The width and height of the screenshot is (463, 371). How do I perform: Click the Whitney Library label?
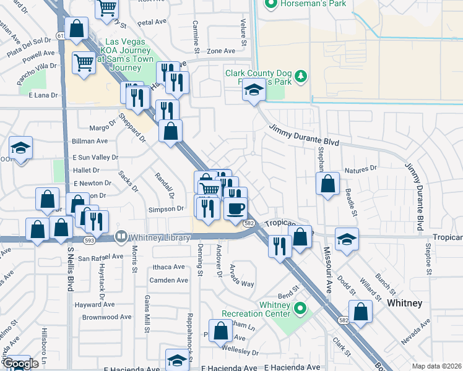158,237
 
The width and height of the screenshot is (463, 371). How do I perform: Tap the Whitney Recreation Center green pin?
301,307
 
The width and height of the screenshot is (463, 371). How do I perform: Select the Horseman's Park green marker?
270,4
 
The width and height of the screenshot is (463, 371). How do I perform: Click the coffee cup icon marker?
235,208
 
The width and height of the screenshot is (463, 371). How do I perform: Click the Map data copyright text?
436,365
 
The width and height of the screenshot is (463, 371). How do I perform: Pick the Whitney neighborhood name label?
404,303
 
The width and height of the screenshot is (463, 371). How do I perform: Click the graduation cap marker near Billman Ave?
20,148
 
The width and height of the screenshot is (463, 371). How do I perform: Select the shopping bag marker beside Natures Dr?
327,184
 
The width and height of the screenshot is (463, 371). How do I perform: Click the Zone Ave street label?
221,51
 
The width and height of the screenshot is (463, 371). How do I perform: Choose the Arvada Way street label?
242,275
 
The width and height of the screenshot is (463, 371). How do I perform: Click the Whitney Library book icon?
121,237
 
